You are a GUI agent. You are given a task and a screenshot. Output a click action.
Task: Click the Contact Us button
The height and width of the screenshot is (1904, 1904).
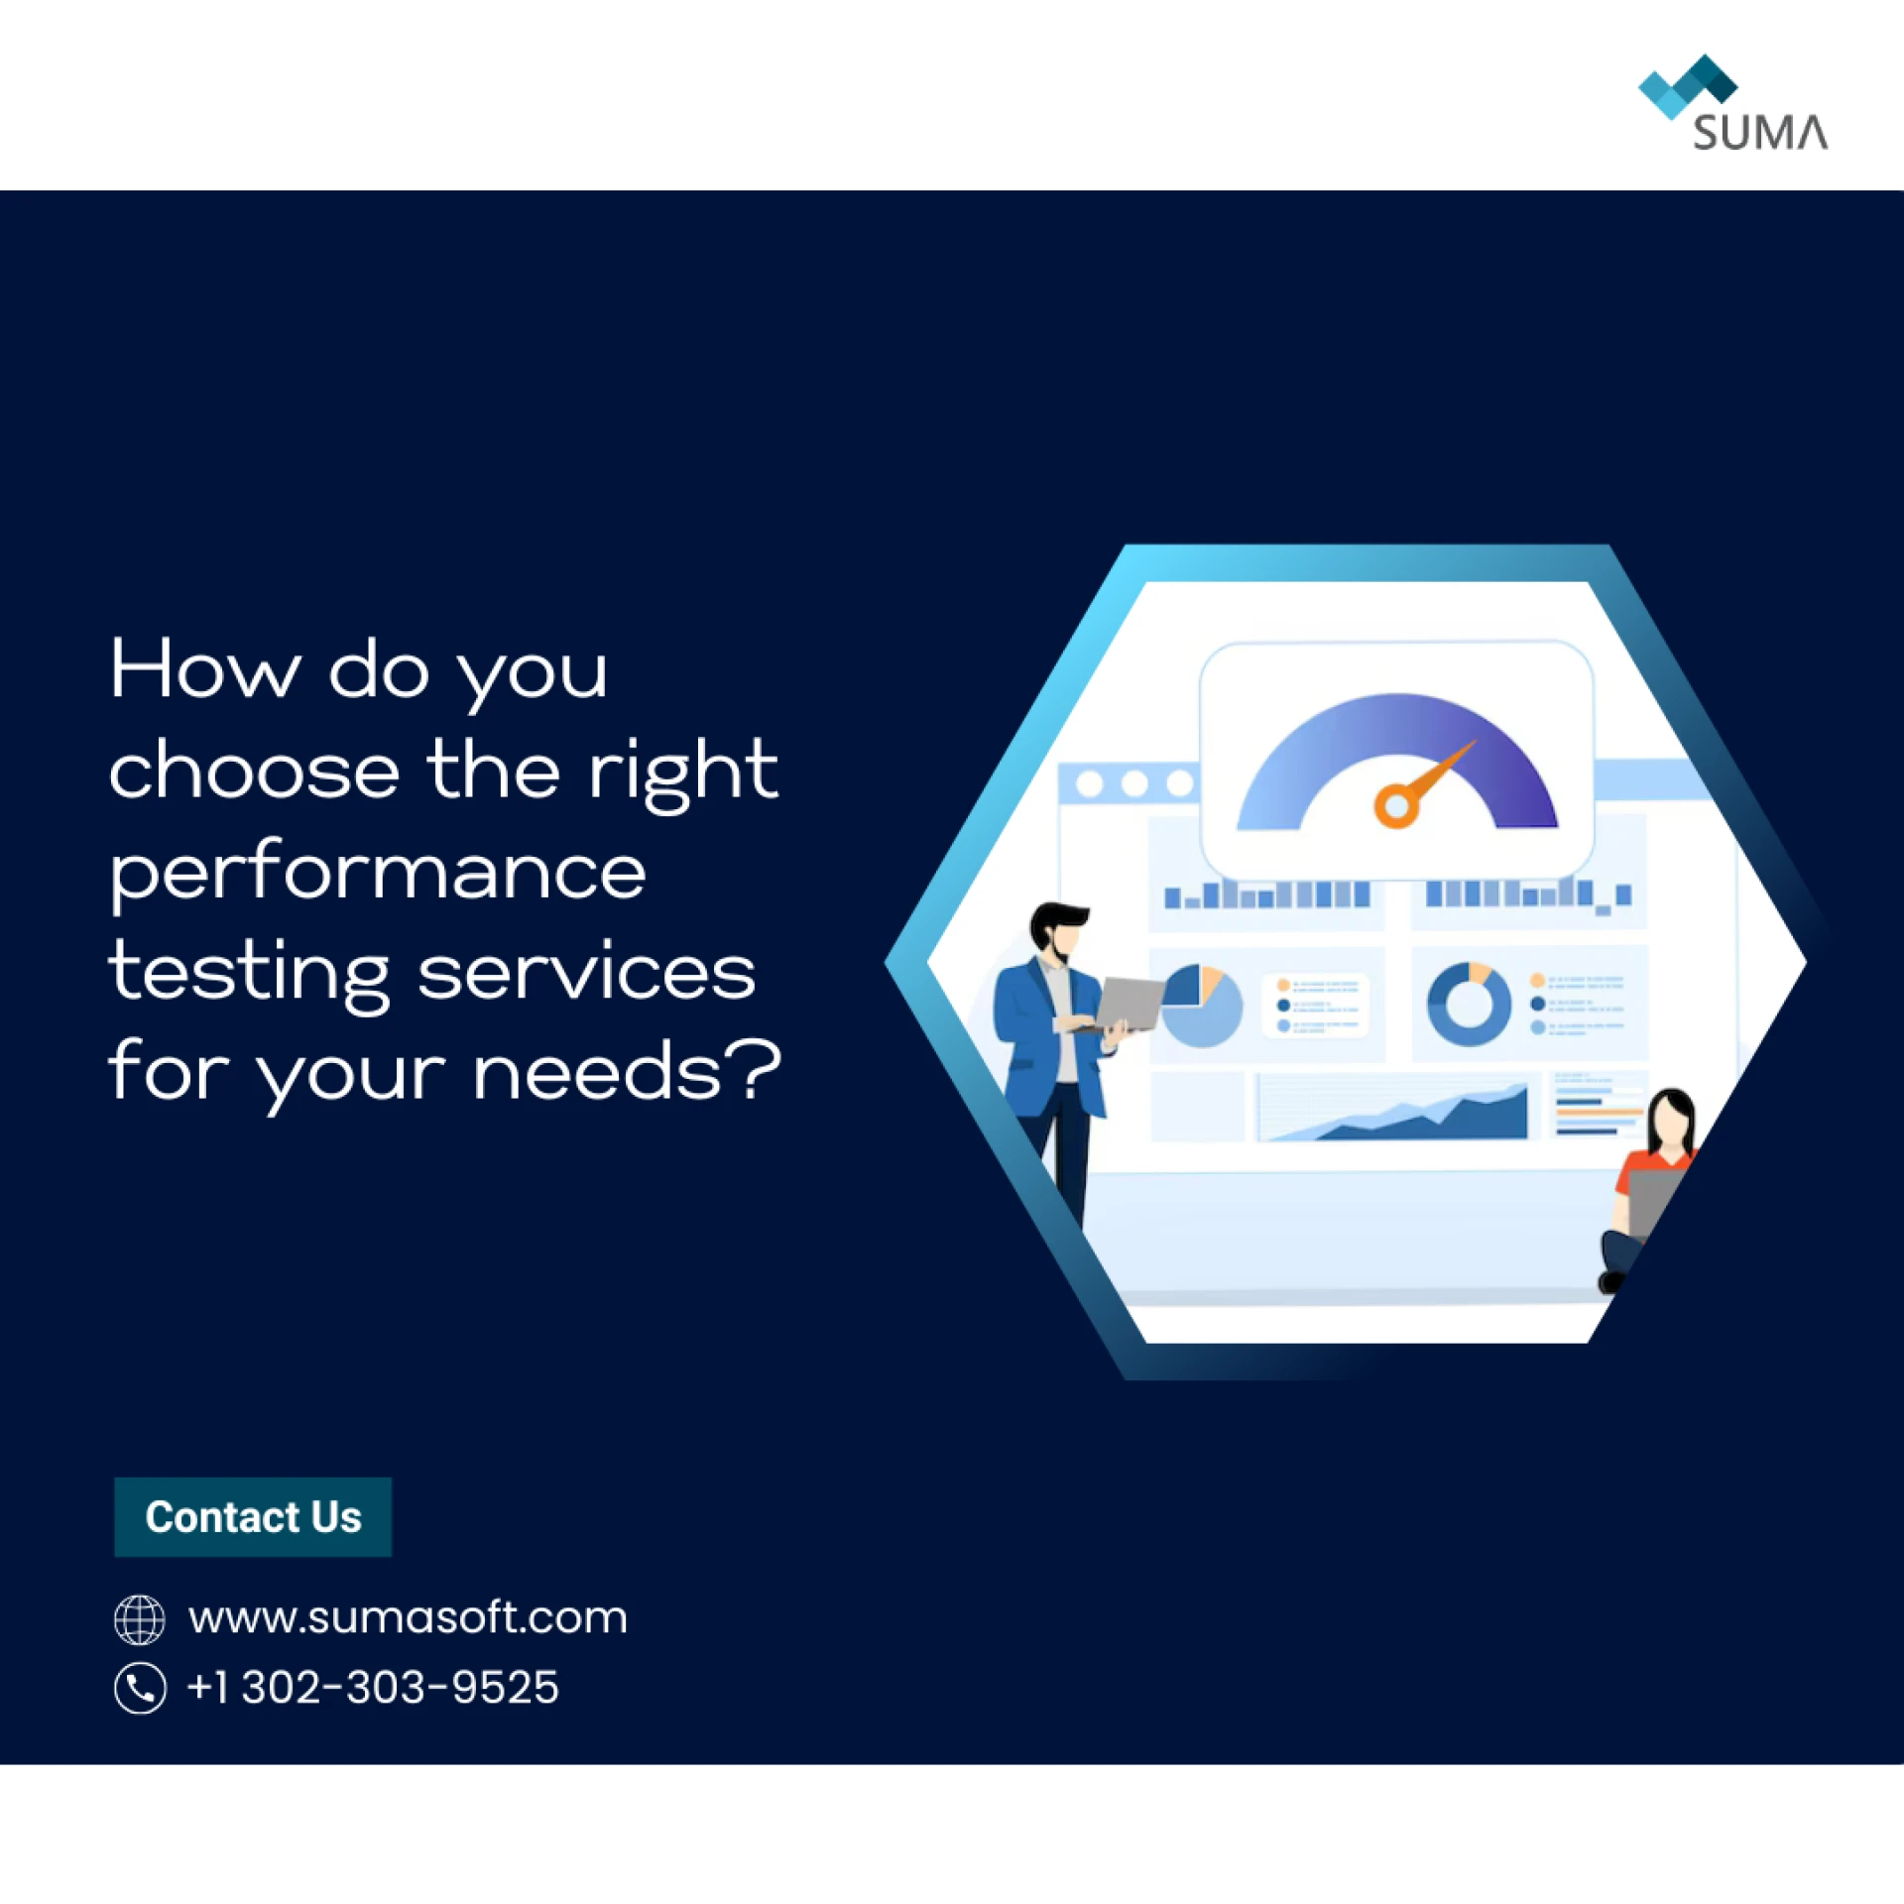pos(253,1516)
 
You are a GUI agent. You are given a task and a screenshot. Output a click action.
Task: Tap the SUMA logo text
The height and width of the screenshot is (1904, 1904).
pos(1759,133)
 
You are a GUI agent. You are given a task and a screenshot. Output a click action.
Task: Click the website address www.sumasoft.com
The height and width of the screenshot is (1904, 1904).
pos(408,1617)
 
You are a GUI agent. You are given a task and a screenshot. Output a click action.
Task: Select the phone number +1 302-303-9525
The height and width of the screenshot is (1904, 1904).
pos(373,1687)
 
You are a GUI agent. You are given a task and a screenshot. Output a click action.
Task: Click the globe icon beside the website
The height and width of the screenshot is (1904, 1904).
pos(140,1618)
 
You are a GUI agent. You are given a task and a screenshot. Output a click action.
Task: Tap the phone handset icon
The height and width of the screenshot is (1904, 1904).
pos(140,1688)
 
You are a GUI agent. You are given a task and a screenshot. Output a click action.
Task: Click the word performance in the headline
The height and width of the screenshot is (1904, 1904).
pos(377,873)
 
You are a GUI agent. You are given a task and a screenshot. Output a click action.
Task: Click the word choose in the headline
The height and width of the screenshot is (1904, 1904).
pos(254,771)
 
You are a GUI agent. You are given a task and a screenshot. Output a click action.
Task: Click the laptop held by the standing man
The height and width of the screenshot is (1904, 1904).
pos(1130,1004)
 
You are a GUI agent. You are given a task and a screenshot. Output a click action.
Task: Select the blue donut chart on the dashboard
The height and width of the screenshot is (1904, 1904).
pos(1469,1004)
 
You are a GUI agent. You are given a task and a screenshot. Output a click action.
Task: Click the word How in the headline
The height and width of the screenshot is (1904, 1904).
pos(204,670)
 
